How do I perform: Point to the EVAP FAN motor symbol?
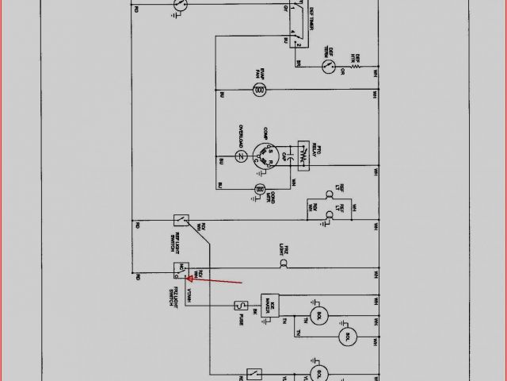[x=258, y=92]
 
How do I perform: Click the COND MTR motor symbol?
[x=258, y=189]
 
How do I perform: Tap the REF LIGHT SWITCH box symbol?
[x=181, y=220]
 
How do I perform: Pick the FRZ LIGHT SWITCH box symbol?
[x=181, y=272]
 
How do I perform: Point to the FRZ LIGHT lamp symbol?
[x=290, y=261]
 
